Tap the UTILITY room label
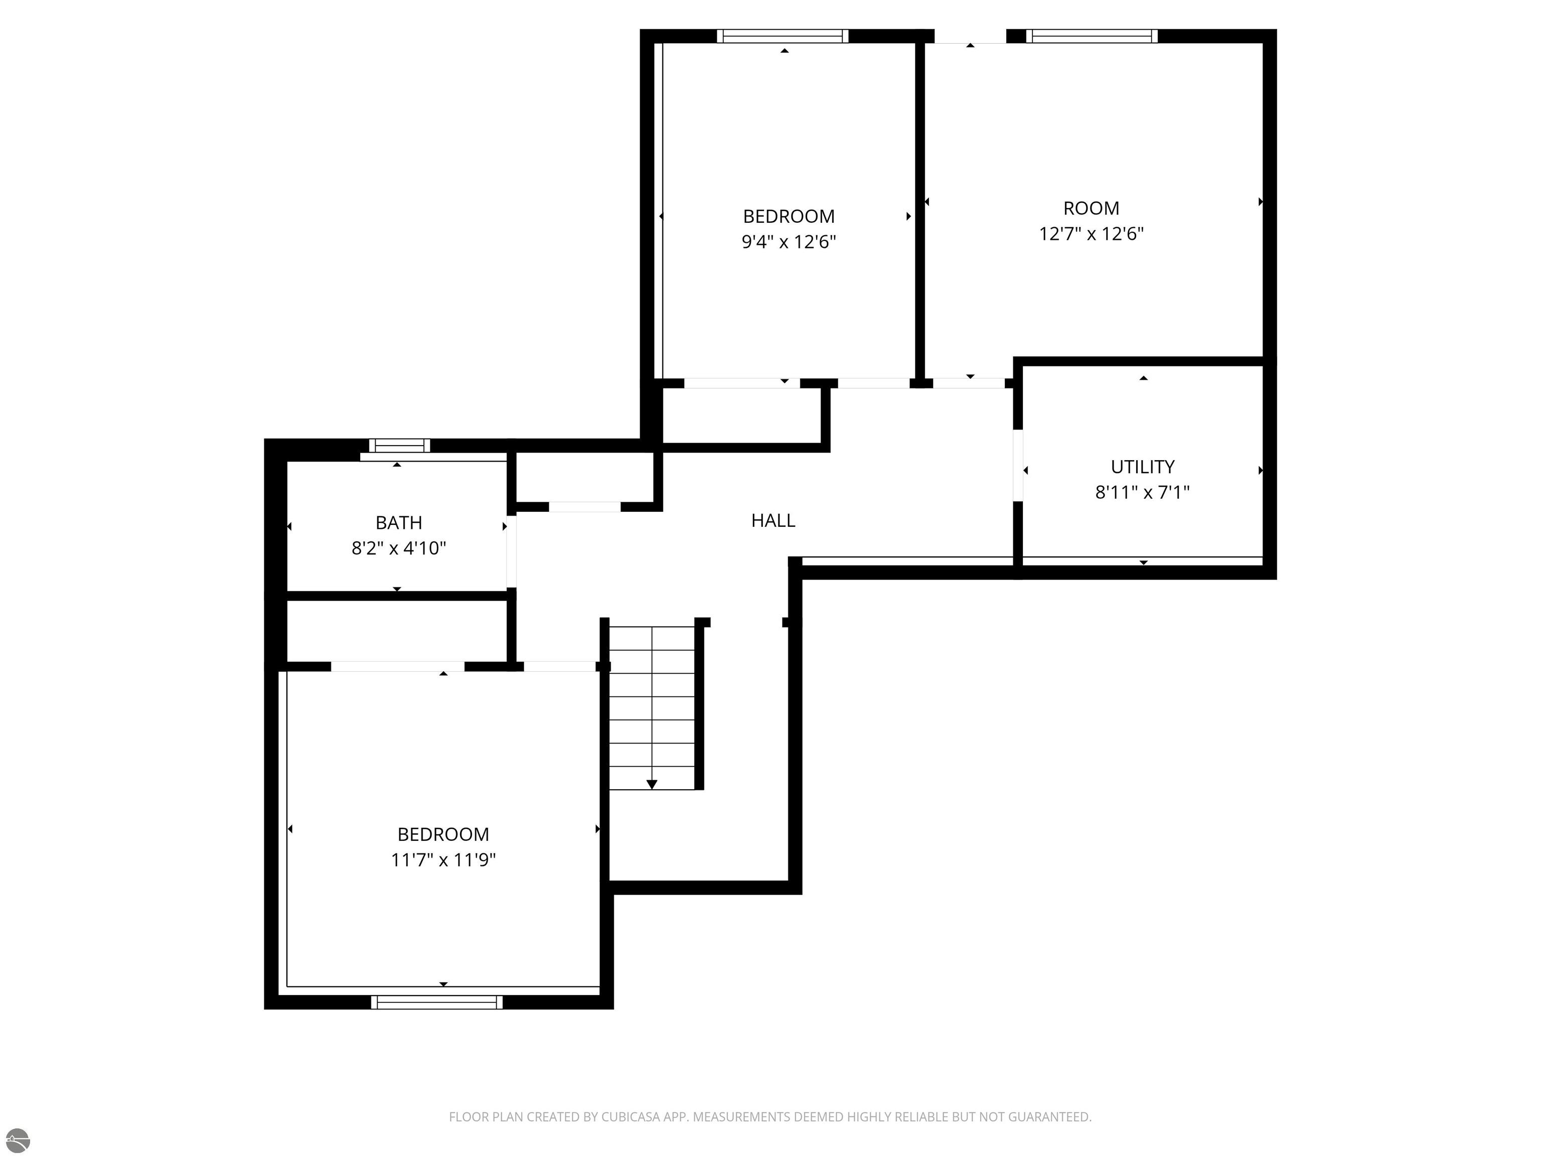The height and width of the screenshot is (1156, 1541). (1143, 467)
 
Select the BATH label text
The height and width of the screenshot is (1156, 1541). (398, 523)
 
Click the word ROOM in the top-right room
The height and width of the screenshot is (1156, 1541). (1091, 208)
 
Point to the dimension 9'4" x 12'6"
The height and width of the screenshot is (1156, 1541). (789, 242)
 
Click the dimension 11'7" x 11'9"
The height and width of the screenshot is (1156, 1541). (443, 860)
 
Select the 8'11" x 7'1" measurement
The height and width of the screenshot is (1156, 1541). (1143, 492)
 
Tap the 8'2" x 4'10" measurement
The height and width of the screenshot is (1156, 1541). (398, 548)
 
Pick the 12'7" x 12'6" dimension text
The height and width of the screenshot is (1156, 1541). (1091, 233)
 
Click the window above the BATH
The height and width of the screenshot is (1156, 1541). (399, 445)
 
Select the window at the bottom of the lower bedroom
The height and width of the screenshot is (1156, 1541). (437, 1002)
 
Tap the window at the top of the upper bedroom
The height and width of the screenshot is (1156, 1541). (783, 36)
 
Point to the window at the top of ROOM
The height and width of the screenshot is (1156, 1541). (1092, 36)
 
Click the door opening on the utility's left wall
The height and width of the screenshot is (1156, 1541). (1018, 465)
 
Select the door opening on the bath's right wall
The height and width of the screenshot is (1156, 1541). (511, 551)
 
